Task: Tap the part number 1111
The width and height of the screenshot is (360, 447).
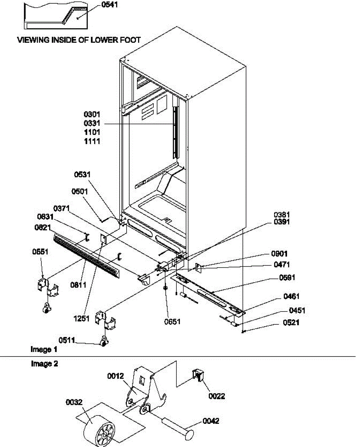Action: point(92,141)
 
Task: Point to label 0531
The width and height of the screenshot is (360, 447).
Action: point(82,174)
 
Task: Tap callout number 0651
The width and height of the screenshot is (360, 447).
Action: point(172,321)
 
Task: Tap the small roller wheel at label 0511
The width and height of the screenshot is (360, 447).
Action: point(104,341)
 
